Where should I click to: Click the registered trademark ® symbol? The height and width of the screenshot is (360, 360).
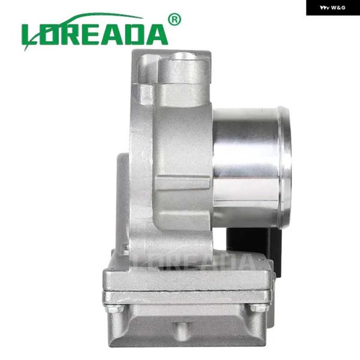pyautogui.click(x=175, y=20)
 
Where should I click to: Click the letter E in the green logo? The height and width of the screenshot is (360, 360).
pyautogui.click(x=90, y=34)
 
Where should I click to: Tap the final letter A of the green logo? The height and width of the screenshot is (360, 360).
pyautogui.click(x=155, y=34)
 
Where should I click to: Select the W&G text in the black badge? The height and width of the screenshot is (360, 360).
pyautogui.click(x=338, y=8)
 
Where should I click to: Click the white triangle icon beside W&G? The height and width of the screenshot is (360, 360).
pyautogui.click(x=325, y=8)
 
